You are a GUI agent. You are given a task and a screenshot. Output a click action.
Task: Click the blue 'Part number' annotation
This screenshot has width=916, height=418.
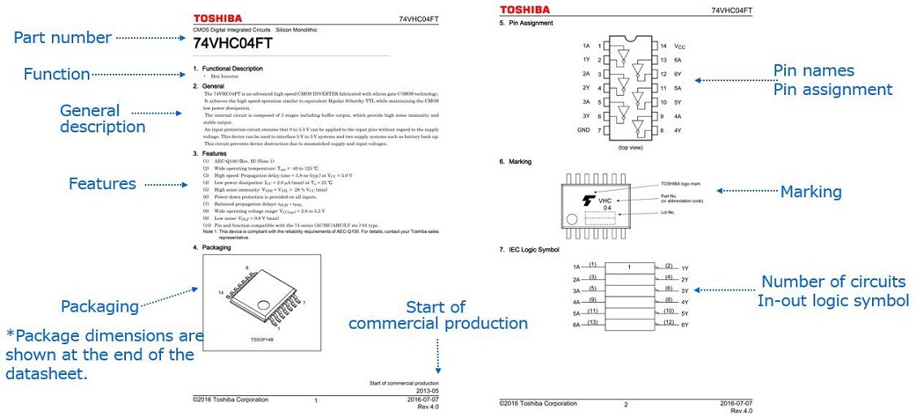(x=63, y=37)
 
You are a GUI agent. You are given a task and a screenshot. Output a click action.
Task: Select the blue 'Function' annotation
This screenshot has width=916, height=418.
(x=56, y=74)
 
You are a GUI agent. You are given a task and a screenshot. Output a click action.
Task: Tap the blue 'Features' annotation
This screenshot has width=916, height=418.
(x=102, y=183)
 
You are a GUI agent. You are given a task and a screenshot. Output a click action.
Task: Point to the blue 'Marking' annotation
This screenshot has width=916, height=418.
(x=810, y=192)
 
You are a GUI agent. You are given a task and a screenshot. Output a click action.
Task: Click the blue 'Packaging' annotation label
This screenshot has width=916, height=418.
(x=100, y=306)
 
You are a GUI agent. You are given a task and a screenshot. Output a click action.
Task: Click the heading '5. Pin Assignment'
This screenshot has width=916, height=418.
(x=526, y=24)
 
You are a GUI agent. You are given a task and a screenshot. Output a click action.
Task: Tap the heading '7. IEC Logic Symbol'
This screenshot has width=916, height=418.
(x=531, y=249)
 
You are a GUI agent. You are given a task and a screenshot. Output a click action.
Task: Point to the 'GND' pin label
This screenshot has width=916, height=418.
(x=584, y=130)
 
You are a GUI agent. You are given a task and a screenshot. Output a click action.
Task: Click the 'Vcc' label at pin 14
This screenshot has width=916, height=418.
(x=679, y=46)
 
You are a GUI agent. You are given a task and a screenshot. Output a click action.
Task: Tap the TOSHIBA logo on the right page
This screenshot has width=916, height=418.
(x=524, y=10)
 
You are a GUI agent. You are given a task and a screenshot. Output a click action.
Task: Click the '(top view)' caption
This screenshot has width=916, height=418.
(x=631, y=148)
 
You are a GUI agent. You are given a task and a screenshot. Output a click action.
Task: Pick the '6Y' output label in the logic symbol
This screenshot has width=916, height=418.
(x=684, y=325)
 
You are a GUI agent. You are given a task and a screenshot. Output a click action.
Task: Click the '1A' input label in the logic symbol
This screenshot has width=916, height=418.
(x=576, y=267)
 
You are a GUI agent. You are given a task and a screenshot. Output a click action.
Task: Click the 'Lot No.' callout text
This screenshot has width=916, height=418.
(x=669, y=213)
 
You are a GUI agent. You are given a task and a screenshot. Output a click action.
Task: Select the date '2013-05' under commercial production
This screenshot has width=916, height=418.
(x=427, y=390)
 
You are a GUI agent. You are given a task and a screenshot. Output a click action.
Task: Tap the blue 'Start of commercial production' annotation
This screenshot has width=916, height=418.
(x=437, y=315)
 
